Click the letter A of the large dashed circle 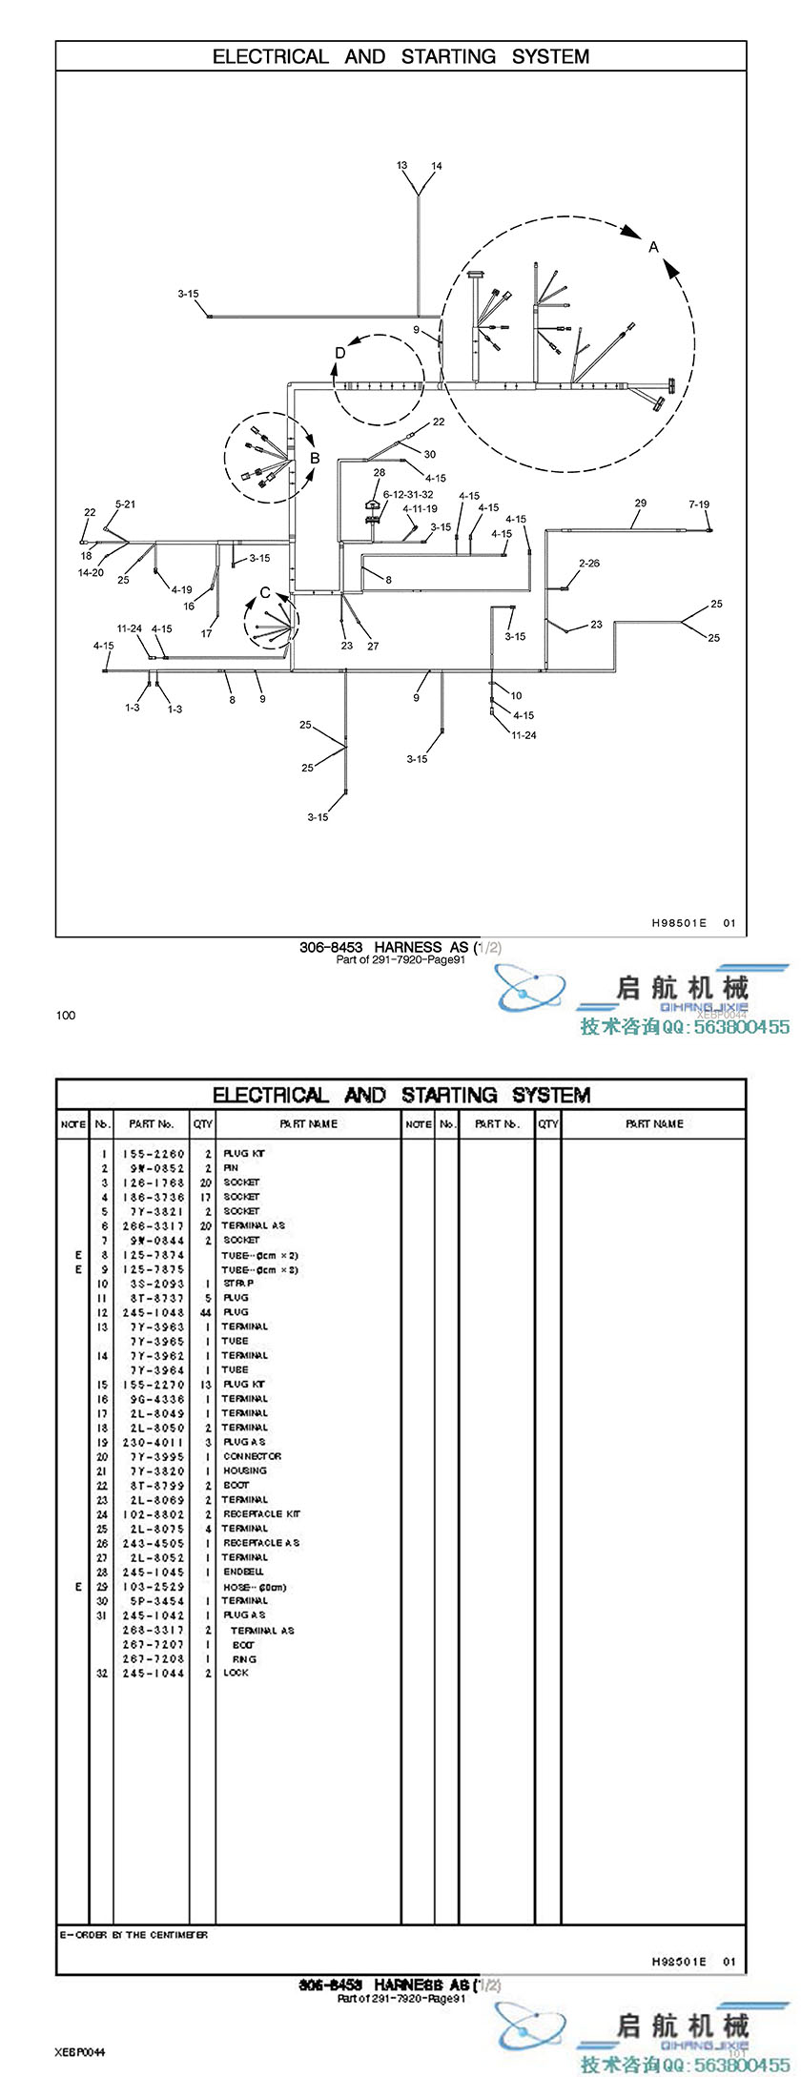pos(653,247)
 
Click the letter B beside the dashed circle pos(315,458)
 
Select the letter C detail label pos(265,593)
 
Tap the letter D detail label pos(340,354)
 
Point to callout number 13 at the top pos(402,166)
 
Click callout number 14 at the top pos(437,167)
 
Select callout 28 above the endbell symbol pos(380,473)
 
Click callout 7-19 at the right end pos(699,504)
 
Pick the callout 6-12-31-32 pos(408,495)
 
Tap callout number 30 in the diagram pos(430,455)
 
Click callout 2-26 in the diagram pos(589,564)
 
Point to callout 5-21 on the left pos(125,504)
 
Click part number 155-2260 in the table pos(154,1154)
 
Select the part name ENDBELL pos(243,1572)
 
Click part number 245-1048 pos(154,1312)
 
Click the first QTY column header pos(202,1124)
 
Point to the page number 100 pos(66,1015)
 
